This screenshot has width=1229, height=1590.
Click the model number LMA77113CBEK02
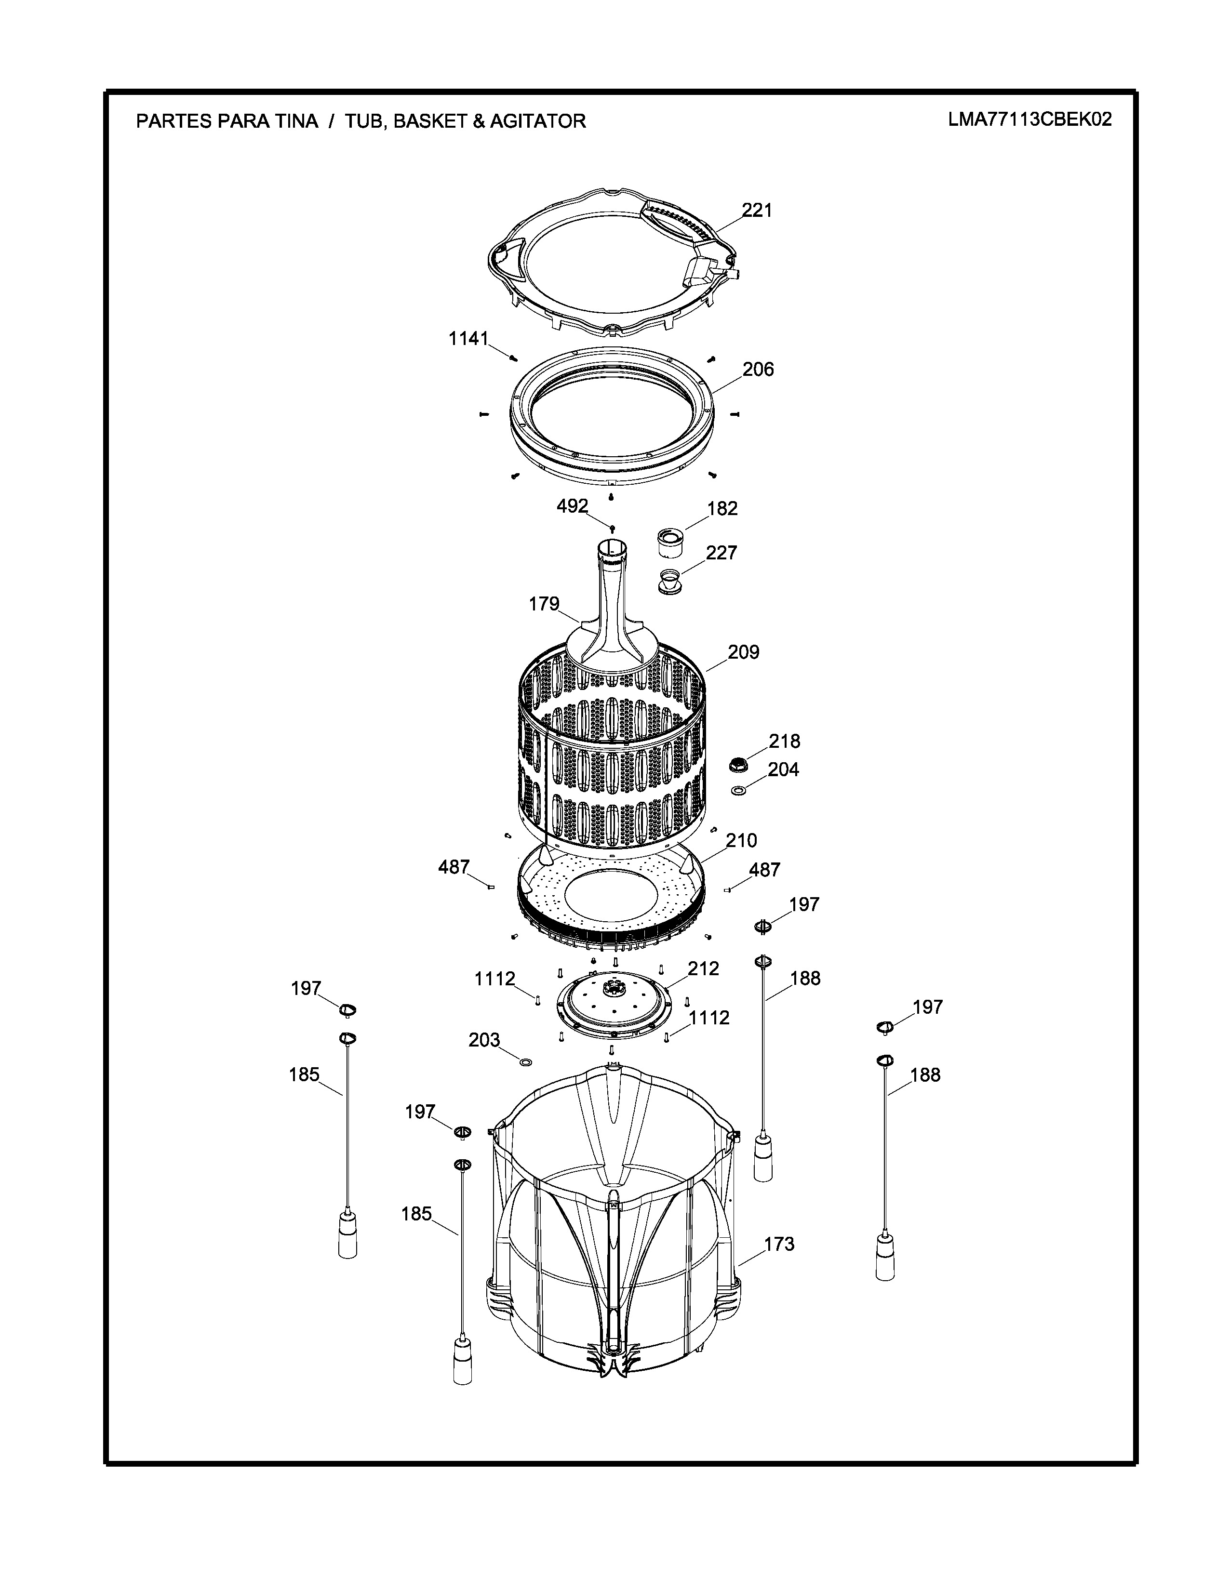point(1029,119)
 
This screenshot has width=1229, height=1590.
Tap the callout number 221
point(757,211)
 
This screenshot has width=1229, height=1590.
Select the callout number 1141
point(468,339)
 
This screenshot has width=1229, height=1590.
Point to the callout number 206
point(758,370)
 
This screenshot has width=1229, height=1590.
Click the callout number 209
point(743,652)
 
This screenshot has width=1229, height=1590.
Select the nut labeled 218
point(739,765)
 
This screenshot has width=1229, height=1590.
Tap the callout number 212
point(703,969)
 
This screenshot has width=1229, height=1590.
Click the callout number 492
point(572,506)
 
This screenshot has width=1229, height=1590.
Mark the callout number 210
point(741,841)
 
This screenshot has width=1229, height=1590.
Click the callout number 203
point(484,1040)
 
